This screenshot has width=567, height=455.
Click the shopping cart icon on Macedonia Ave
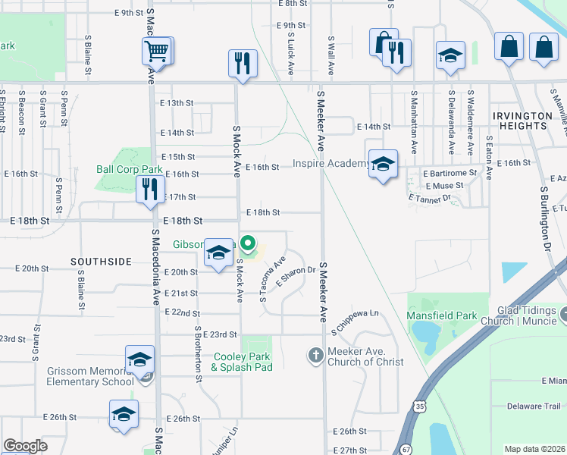click(156, 52)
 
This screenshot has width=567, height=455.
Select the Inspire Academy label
click(330, 163)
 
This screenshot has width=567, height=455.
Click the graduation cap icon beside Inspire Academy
click(383, 165)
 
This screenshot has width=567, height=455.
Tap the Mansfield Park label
click(446, 315)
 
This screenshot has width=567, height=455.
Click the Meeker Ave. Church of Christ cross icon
click(316, 355)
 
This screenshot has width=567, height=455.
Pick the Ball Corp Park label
click(130, 169)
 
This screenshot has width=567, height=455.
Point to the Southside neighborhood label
click(101, 262)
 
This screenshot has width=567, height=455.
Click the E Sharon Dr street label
click(296, 275)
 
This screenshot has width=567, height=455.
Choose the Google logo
click(25, 446)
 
